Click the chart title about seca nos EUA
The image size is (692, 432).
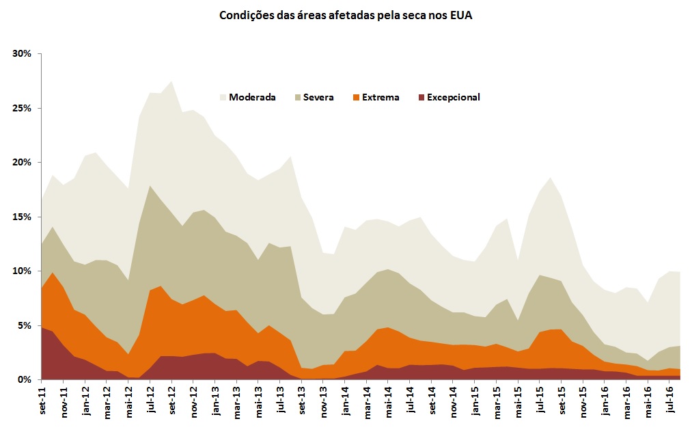pos(345,15)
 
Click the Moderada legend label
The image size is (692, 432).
pos(252,97)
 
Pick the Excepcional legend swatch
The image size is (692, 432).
pos(420,97)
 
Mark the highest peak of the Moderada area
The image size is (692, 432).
pos(171,81)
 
